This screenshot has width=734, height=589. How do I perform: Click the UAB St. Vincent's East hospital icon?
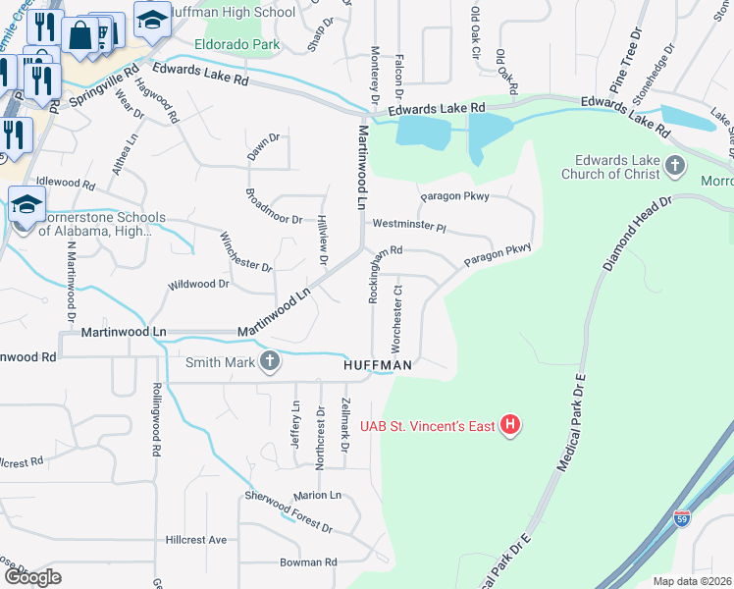[510, 425]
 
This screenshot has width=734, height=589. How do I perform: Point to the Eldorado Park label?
[237, 44]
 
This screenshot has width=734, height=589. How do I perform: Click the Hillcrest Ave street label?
[196, 540]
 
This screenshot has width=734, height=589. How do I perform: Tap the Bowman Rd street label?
[308, 562]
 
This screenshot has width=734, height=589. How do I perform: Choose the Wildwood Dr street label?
[198, 284]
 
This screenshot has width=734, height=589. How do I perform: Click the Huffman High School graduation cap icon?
[152, 19]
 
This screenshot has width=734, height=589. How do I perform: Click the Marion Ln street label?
[316, 495]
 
